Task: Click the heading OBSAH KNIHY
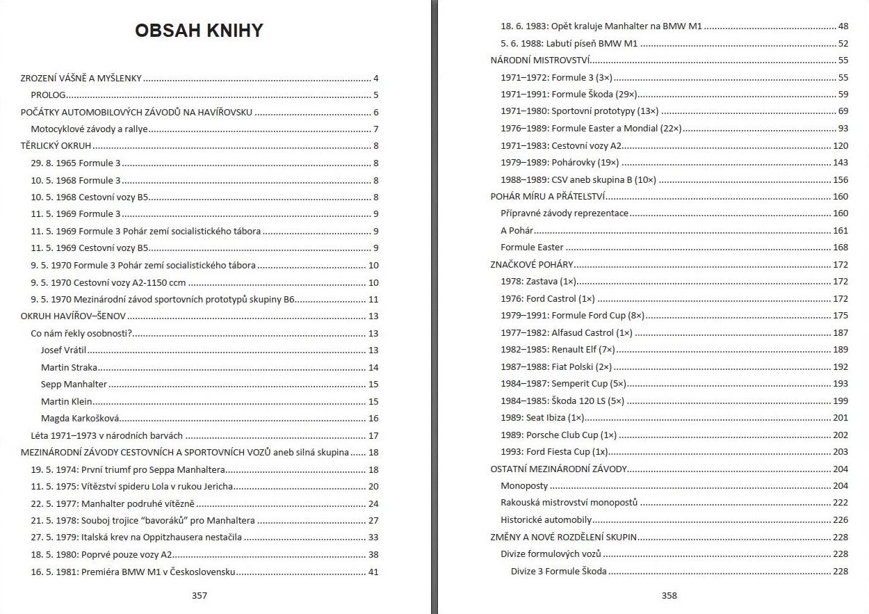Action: [x=199, y=31]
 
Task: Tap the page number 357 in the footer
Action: [x=200, y=595]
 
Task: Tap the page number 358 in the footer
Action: [x=669, y=595]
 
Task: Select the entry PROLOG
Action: [x=49, y=95]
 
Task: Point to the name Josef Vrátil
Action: [x=64, y=350]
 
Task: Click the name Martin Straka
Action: [x=69, y=367]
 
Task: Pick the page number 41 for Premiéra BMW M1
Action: [x=373, y=572]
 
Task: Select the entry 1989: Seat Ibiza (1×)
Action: [x=542, y=418]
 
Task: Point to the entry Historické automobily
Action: [x=546, y=520]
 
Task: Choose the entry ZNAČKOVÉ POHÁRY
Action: [x=532, y=265]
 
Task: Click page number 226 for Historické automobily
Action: [x=840, y=520]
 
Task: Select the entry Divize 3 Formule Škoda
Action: [x=559, y=572]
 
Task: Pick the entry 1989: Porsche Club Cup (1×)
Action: [x=559, y=435]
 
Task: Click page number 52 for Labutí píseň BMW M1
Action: [x=843, y=44]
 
